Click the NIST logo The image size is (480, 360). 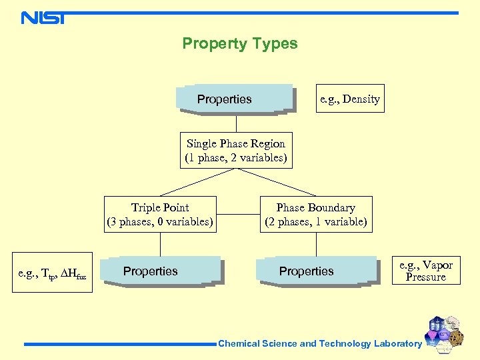tap(43, 17)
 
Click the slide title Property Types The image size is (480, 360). tap(240, 44)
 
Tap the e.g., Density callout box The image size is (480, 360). tap(349, 99)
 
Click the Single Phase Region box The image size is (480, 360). tap(236, 151)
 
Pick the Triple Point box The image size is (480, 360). tap(160, 214)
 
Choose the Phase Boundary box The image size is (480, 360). tap(315, 214)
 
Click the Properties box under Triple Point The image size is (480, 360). tap(160, 271)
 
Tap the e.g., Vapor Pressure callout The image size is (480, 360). tap(425, 270)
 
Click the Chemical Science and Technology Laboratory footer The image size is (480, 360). tap(320, 344)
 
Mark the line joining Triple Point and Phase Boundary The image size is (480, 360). tap(238, 214)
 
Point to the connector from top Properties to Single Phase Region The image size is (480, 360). tap(236, 123)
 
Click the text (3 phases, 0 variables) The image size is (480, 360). tap(160, 221)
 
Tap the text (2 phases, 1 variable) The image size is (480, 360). tap(315, 221)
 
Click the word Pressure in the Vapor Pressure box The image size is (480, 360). tap(425, 277)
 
